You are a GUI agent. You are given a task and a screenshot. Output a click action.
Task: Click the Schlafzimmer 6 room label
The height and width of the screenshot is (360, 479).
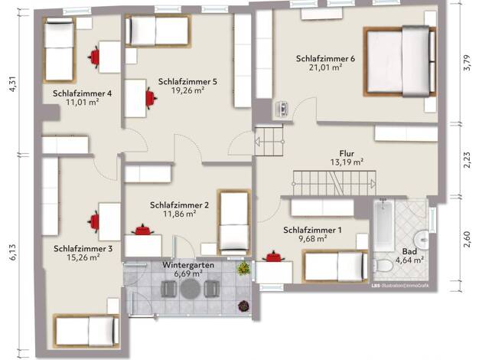pos(325,58)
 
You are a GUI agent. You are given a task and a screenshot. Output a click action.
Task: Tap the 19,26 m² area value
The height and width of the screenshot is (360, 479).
pos(187,90)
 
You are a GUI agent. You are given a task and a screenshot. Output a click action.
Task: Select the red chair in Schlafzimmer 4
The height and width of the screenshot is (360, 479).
pos(94,57)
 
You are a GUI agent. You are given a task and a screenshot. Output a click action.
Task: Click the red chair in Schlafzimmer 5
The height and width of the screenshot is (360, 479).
pos(151,99)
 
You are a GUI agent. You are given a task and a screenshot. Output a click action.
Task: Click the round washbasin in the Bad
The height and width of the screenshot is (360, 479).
pos(422,238)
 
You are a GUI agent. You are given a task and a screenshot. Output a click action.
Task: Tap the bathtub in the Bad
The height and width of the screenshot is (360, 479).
pos(383,224)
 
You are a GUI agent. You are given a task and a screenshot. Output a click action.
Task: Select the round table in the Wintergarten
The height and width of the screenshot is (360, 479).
pos(190,289)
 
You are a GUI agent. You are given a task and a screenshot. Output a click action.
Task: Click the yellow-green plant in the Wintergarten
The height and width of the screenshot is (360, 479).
pos(243,268)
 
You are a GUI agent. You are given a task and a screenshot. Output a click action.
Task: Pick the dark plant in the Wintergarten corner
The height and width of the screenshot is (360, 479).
pos(244,306)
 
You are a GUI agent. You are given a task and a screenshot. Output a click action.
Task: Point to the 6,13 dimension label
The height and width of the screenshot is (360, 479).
pos(13,252)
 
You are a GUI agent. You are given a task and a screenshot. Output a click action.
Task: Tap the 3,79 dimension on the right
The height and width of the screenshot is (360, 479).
pos(467,63)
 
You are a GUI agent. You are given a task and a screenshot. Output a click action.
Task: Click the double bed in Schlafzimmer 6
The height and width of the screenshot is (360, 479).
pos(400,62)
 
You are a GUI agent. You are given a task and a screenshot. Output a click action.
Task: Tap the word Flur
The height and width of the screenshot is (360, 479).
pos(347,153)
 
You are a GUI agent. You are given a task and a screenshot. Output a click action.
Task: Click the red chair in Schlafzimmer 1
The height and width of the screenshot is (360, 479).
pos(274,257)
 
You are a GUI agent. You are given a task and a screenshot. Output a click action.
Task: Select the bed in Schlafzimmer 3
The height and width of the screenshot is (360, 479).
pos(86,331)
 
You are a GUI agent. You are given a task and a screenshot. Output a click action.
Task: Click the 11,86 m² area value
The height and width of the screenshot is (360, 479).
pos(179,214)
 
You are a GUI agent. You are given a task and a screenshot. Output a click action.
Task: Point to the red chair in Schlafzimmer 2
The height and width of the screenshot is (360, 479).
pos(142,230)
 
